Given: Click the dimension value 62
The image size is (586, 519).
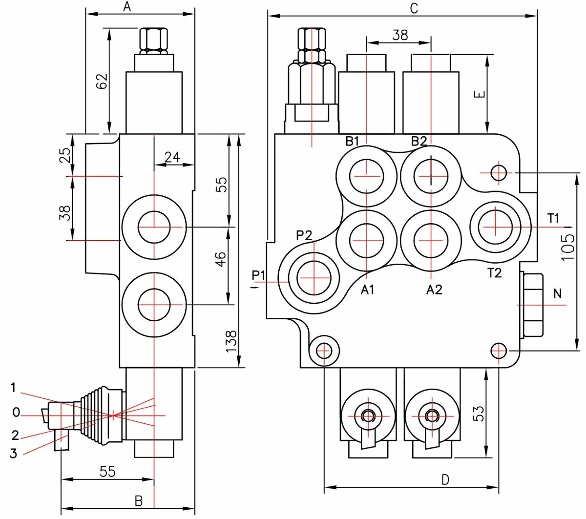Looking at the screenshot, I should point(101,81).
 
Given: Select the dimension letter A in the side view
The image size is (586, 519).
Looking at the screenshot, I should point(127,7).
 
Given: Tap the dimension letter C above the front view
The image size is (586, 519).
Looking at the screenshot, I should point(414,9).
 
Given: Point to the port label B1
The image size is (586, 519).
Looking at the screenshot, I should point(352,141).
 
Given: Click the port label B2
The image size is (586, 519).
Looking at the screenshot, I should point(419,141).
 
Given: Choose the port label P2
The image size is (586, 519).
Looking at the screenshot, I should point(304,235).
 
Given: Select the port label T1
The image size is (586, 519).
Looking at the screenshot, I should point(553,218).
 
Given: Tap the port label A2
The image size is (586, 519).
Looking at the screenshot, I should point(434,290).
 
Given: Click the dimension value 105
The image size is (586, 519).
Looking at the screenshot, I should point(568,247).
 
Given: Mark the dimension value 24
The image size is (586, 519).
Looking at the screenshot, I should point(172,157).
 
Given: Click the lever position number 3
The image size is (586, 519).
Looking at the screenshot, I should point(13,454).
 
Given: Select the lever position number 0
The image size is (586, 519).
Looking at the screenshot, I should point(16,413).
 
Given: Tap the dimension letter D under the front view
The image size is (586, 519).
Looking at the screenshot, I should point(445,480).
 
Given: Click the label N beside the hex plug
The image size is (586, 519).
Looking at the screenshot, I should point(558,293).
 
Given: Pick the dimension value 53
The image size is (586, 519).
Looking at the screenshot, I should point(479,413).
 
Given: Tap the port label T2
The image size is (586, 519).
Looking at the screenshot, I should point(494,273).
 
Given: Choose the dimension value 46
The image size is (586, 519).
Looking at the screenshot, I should point(221,259).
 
